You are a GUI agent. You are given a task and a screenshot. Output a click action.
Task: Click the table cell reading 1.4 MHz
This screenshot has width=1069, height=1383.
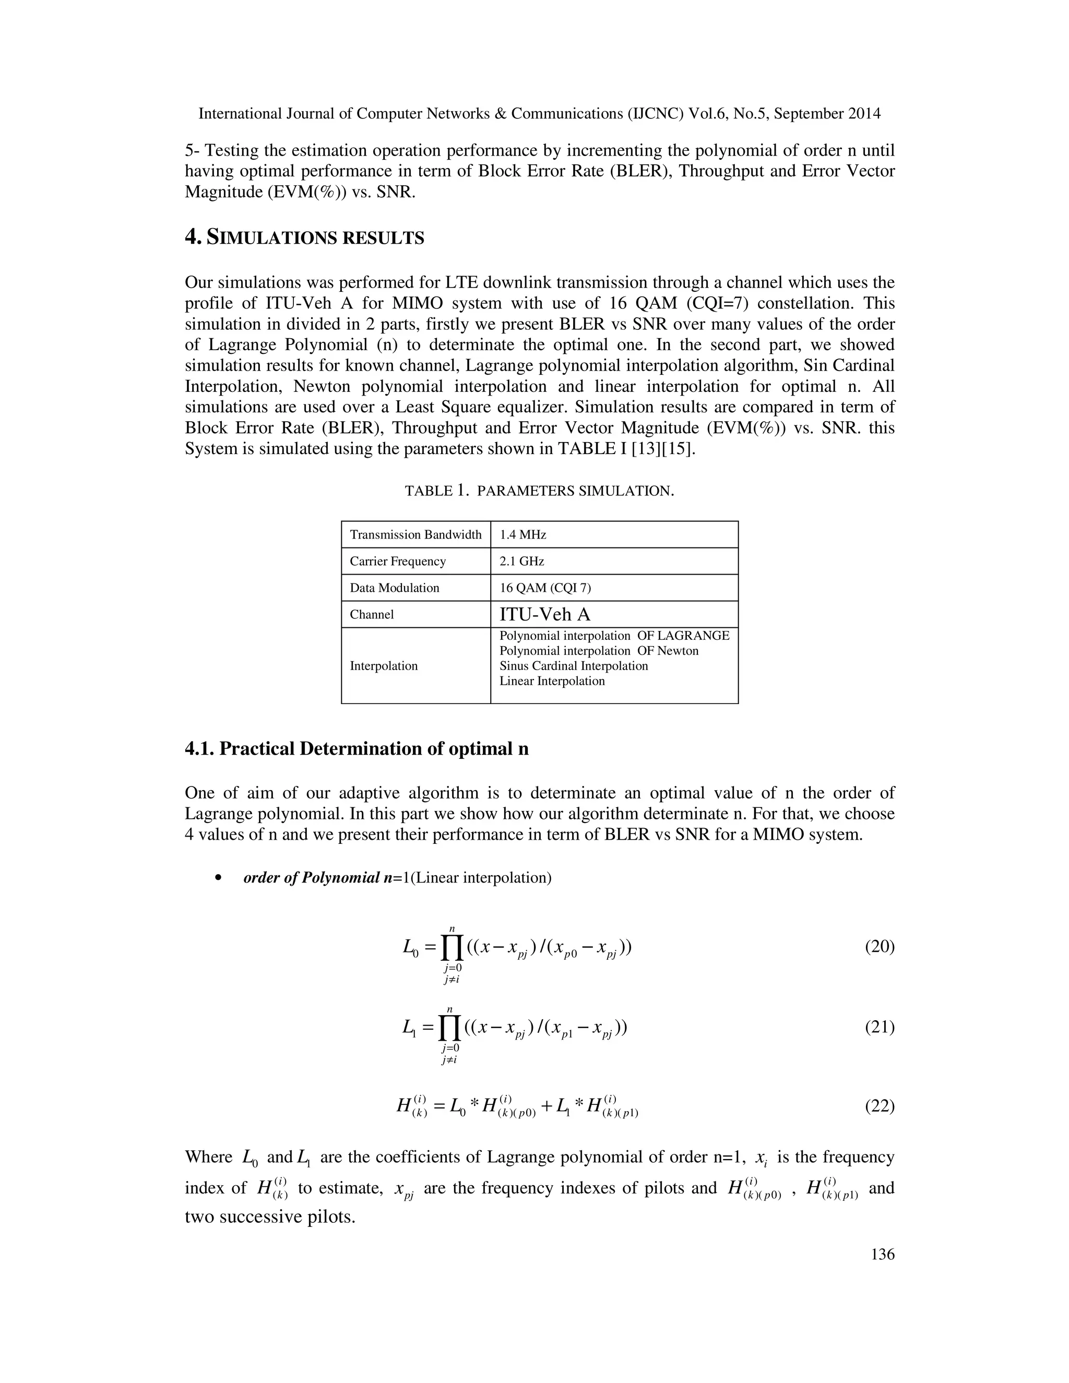pos(522,534)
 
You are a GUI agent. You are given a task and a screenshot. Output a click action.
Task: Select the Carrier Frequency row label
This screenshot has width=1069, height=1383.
pos(398,561)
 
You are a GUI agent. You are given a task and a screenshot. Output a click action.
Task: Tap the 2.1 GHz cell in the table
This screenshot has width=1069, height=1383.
pos(522,561)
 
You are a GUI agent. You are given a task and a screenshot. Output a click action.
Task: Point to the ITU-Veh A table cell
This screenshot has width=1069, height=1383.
pos(544,614)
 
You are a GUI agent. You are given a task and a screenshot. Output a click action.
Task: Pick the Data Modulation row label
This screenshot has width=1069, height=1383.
pos(394,588)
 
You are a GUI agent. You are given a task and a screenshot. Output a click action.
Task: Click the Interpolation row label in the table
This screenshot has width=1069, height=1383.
pos(383,665)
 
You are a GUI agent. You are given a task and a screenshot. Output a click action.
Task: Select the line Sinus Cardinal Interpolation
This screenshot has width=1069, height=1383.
pos(573,665)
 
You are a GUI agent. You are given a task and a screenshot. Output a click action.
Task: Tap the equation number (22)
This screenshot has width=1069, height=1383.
pos(879,1106)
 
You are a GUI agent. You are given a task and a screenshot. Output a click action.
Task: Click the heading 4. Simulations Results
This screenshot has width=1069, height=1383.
pos(304,237)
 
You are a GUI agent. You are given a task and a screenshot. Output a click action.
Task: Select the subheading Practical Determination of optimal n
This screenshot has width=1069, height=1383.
pos(357,748)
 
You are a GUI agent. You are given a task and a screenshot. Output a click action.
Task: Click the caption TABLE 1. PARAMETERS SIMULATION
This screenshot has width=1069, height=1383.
pos(539,491)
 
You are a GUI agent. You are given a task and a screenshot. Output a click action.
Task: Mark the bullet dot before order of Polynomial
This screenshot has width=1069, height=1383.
pos(219,878)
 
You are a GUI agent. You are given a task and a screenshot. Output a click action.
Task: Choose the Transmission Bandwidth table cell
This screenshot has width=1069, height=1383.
pos(415,534)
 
